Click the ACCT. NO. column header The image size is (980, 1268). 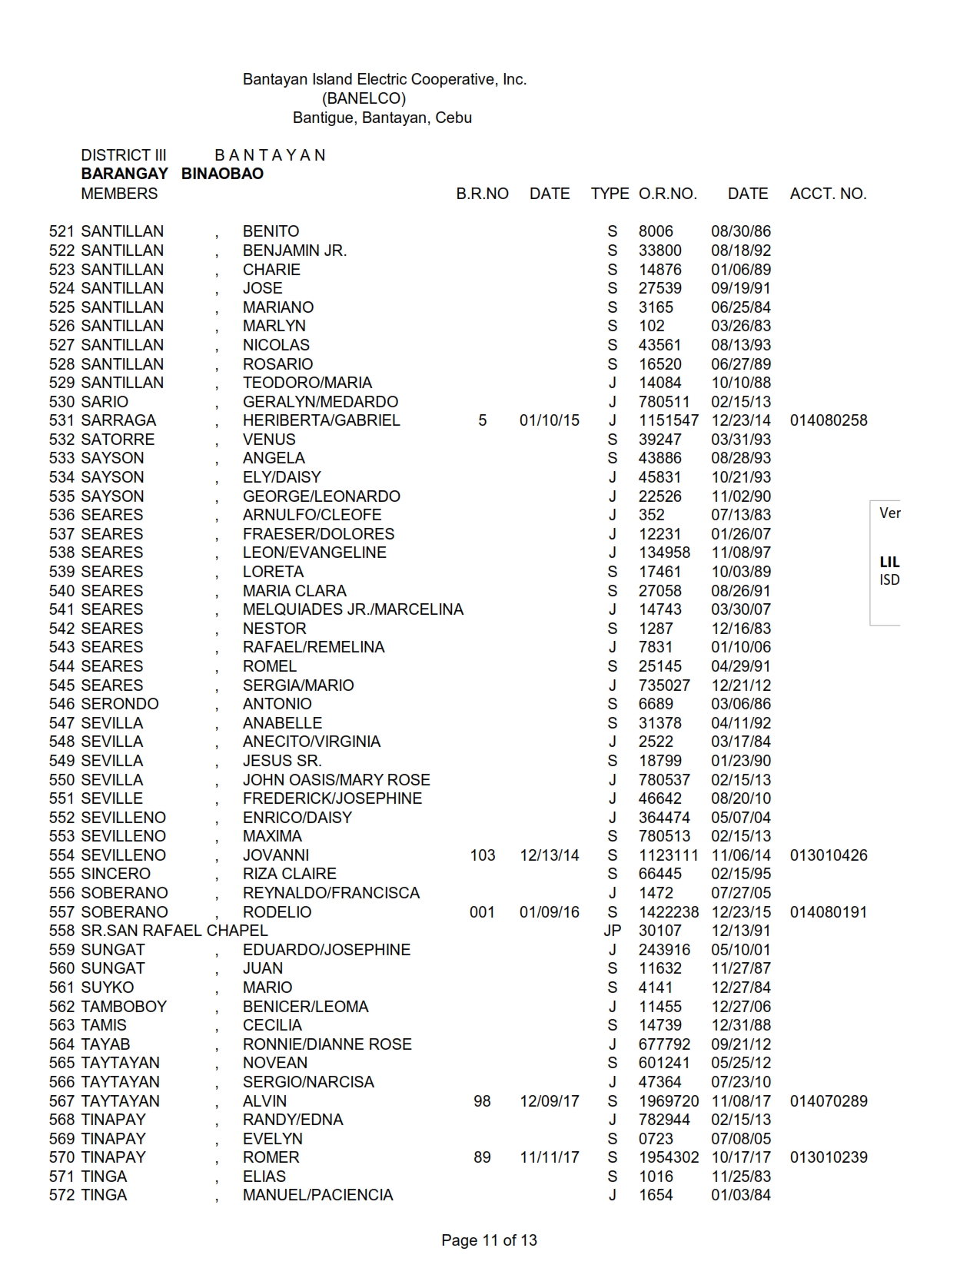828,194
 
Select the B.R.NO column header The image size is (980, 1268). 482,194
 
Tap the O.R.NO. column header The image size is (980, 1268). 667,194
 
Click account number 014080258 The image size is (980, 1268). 828,420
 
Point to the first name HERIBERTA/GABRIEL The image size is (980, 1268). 321,420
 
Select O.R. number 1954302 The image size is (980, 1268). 669,1157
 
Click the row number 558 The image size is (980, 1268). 61,931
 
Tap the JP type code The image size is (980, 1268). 612,931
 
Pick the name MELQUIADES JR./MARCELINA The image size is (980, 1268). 353,609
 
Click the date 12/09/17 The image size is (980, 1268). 549,1101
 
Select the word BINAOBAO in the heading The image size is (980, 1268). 222,174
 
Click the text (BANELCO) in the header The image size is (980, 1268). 364,98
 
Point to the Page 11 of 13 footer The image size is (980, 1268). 489,1240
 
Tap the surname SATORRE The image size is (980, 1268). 118,440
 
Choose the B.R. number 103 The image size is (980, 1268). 482,855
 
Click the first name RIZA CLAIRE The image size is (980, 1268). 289,874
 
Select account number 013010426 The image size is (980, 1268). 828,855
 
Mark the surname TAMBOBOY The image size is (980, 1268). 123,1007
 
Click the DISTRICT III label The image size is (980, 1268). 123,155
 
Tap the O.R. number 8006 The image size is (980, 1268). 656,231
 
